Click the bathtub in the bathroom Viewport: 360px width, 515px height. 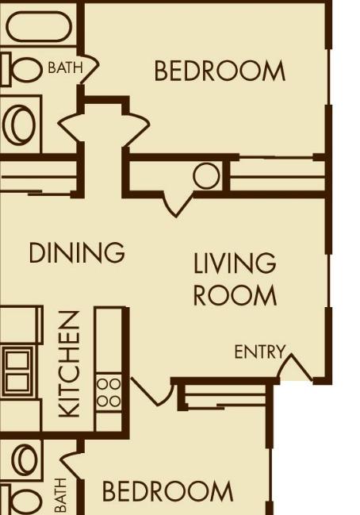(39, 26)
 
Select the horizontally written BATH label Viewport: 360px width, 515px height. (65, 67)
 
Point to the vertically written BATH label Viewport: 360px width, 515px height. (61, 496)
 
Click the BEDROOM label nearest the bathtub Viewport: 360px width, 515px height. (220, 71)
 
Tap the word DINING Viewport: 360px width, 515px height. (77, 252)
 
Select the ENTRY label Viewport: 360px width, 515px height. (259, 352)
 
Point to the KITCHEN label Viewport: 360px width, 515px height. (69, 364)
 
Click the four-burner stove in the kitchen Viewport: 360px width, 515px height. (109, 393)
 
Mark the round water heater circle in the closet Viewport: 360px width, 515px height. (206, 175)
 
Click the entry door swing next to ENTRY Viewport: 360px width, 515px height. (295, 367)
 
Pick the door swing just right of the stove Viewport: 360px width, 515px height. (152, 392)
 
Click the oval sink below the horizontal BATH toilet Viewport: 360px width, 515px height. (19, 125)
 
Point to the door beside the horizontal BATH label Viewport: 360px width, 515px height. (90, 67)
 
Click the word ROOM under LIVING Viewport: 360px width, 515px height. (235, 295)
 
